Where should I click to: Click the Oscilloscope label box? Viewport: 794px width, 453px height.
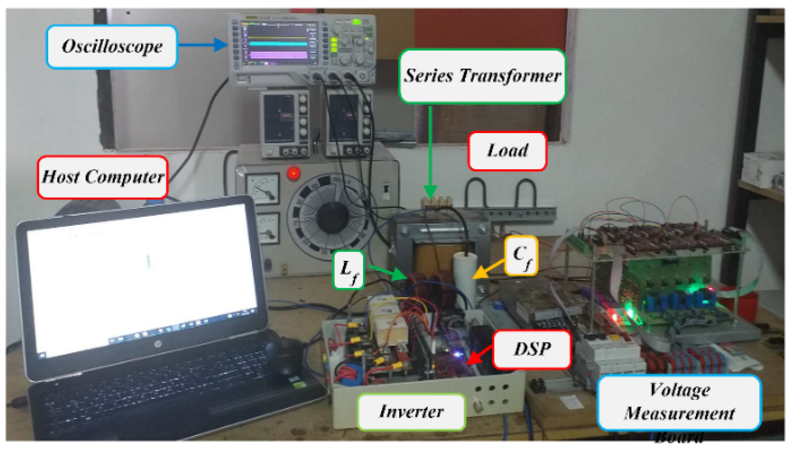coord(112,47)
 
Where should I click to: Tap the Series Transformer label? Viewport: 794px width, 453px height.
coord(482,76)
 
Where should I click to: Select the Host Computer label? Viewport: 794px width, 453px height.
coord(103,177)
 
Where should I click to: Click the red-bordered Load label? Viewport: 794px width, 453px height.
coord(507,151)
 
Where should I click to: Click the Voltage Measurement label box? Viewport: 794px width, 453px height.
coord(679,402)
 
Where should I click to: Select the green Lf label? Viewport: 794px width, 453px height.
coord(348,269)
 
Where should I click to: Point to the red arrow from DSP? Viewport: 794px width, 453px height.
coord(480,355)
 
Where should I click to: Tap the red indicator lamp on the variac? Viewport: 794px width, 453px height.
coord(294,173)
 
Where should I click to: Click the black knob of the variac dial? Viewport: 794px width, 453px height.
coord(332,217)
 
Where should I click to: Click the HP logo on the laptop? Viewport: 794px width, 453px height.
coord(158,345)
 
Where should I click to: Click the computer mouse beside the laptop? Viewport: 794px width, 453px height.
coord(285,357)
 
